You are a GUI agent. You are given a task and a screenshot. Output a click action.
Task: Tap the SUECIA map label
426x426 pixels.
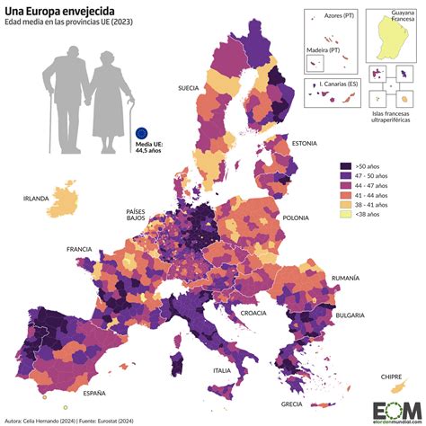(x=189, y=89)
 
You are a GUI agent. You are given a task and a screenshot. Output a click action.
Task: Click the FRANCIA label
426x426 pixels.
(x=79, y=248)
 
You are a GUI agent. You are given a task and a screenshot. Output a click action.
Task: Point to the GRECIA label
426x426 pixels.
(x=291, y=404)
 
